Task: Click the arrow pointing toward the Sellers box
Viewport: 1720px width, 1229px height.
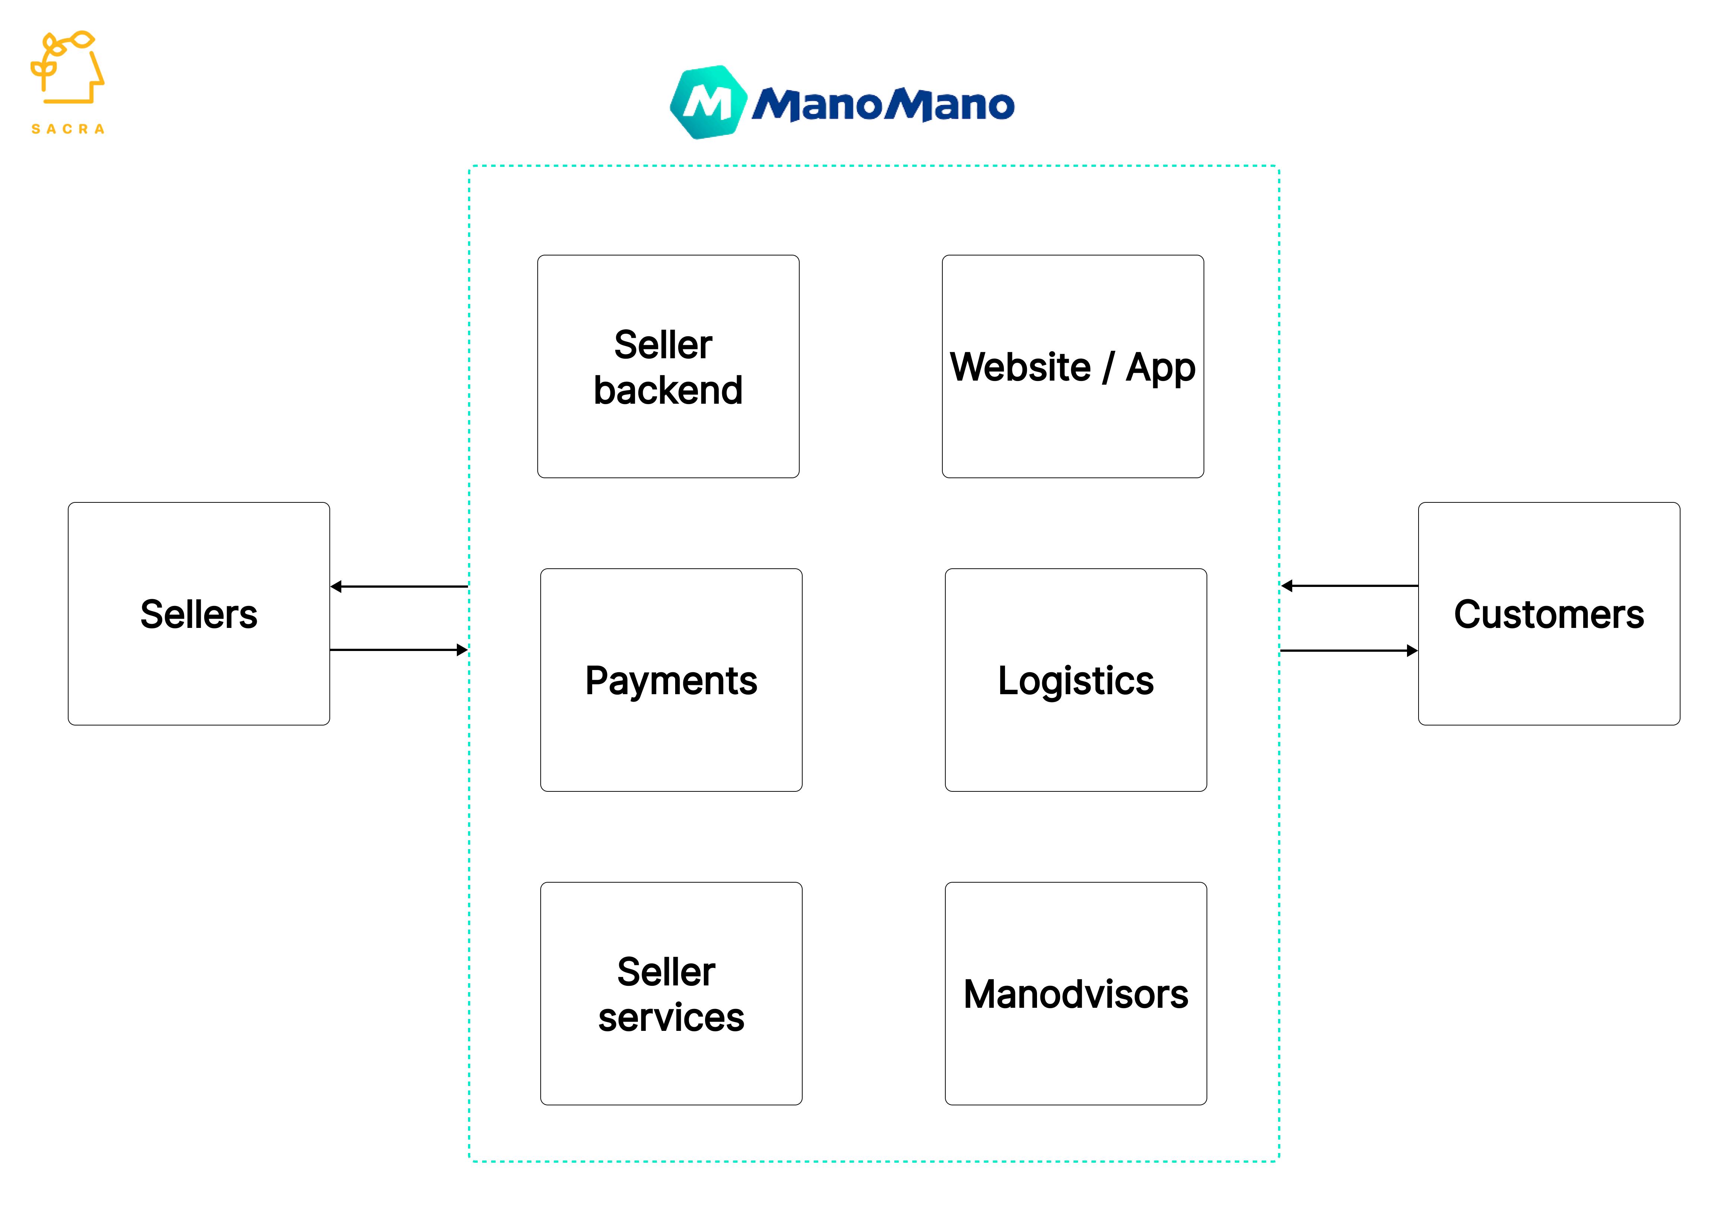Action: point(399,587)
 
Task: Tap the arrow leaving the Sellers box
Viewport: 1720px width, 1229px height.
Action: point(399,649)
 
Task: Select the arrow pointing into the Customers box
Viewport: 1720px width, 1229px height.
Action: point(1348,650)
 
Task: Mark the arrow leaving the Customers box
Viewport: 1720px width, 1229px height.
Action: point(1348,586)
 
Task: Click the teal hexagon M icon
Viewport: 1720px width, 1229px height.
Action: point(708,102)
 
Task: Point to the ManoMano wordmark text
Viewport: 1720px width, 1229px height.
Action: point(883,104)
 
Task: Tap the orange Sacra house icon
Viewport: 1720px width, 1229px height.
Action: point(67,68)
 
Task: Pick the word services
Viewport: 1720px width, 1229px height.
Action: point(671,1017)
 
